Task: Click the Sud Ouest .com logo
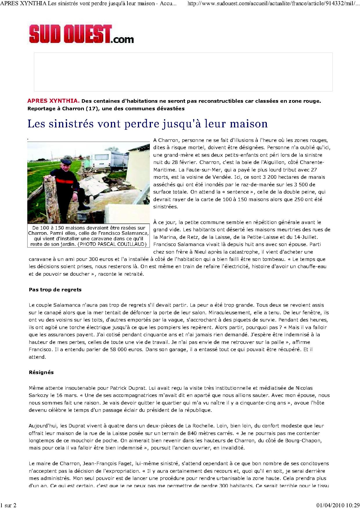81,35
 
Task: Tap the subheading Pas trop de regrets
55,290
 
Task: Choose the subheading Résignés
41,372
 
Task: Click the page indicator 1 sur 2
8,506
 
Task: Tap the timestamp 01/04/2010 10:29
337,506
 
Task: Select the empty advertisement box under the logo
183,72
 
